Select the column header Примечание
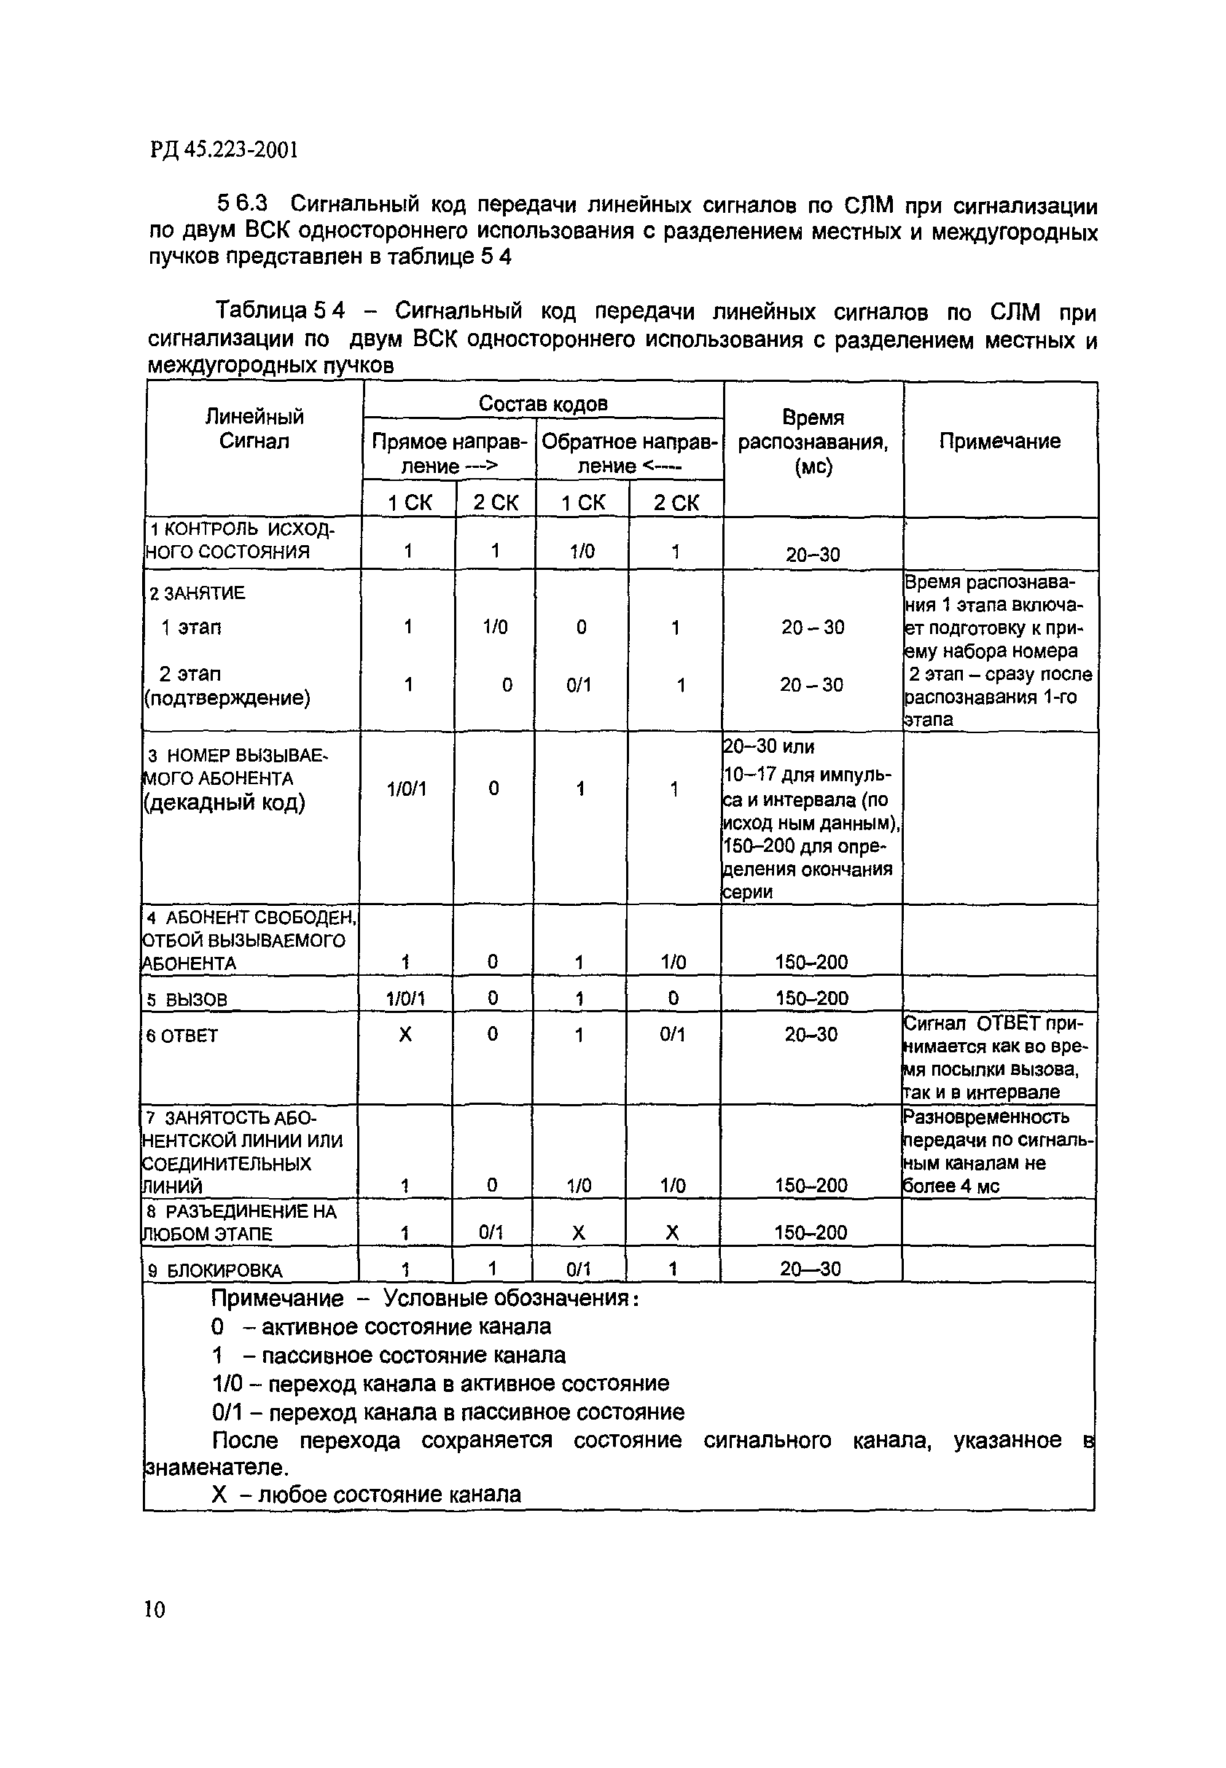[x=999, y=441]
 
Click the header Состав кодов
[x=542, y=403]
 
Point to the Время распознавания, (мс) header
[x=813, y=442]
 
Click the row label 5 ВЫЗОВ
[x=187, y=999]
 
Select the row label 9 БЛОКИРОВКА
[x=214, y=1270]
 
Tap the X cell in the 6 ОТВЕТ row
[x=405, y=1035]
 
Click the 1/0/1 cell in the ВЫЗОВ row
[x=405, y=998]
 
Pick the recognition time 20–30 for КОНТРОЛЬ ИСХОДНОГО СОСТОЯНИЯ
[x=813, y=555]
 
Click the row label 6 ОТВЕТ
[x=182, y=1036]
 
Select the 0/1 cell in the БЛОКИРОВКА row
[x=579, y=1270]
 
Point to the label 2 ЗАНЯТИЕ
[x=197, y=593]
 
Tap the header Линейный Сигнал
[x=254, y=429]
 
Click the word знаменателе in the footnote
[x=216, y=1468]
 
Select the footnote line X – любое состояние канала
[x=367, y=1495]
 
